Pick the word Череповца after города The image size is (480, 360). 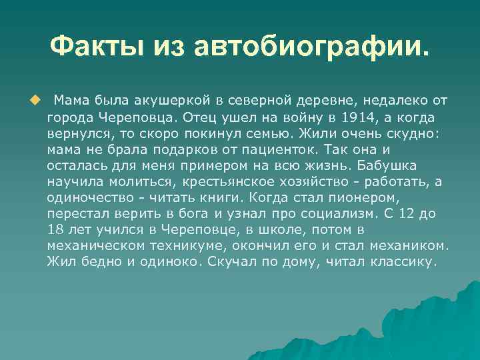127,117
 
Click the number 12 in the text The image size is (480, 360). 413,214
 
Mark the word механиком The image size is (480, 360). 407,246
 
